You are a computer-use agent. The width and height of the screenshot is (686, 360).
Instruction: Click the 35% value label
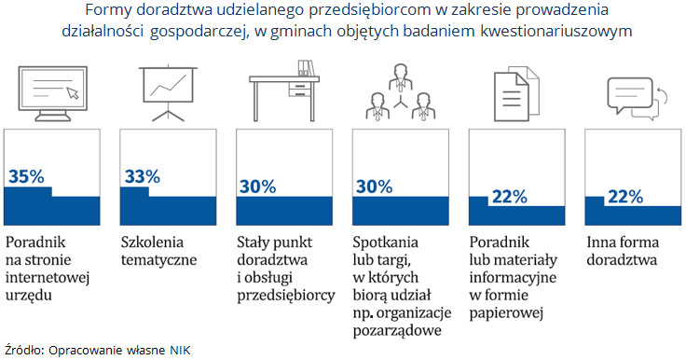pos(26,176)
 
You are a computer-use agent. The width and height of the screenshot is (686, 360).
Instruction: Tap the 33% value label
pos(142,176)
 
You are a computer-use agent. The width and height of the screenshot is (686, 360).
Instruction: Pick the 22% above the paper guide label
pos(509,197)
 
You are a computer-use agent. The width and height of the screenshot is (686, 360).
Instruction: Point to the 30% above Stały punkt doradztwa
pos(258,187)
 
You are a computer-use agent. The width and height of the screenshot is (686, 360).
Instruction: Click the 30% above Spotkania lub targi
pos(374,187)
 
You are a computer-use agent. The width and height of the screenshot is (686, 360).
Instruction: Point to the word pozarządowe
pos(398,329)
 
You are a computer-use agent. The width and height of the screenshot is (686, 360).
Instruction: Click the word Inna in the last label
pos(601,242)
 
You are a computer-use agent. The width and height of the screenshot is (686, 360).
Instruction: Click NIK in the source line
pos(179,349)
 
